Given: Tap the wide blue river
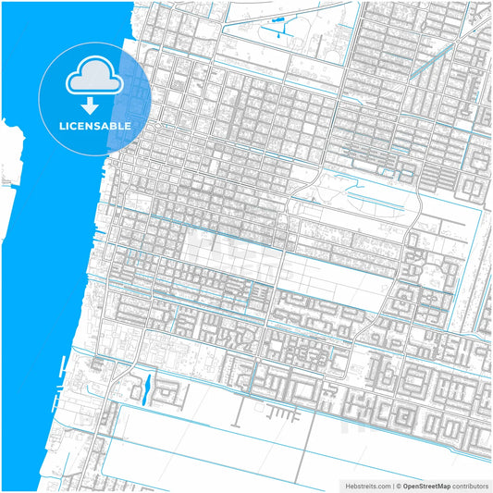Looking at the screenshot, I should click(x=46, y=277).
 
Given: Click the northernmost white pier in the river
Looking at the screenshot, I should click(x=11, y=120).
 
